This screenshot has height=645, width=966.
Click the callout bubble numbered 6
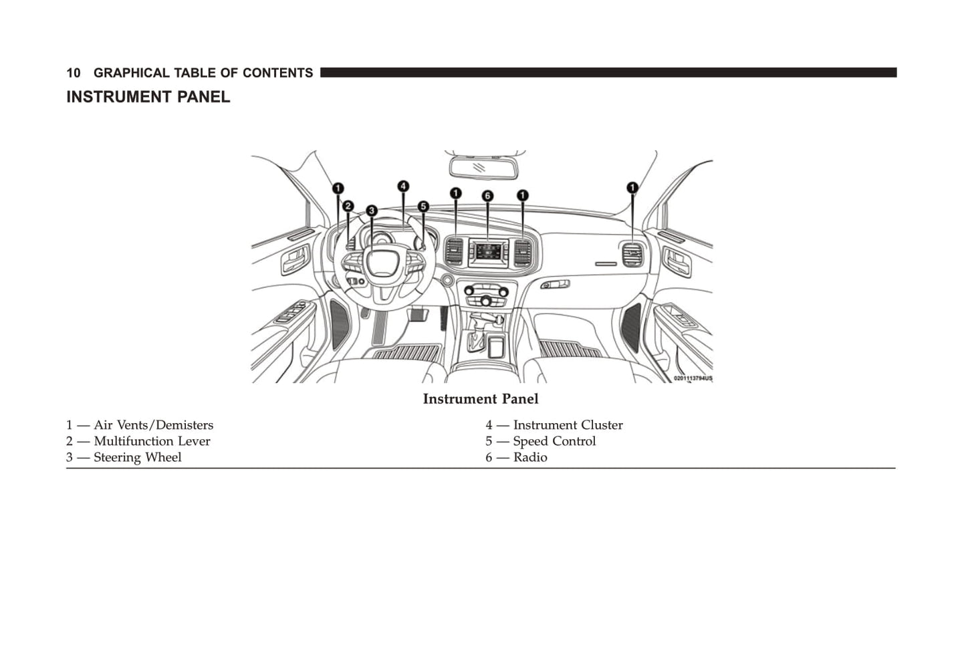click(487, 196)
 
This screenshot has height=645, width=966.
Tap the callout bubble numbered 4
click(403, 186)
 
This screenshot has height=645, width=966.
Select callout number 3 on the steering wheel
click(372, 211)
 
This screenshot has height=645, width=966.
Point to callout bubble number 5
click(423, 207)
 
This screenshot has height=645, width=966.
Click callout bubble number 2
click(348, 206)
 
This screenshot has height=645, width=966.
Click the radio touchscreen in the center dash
click(487, 252)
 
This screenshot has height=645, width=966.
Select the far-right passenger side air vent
click(632, 254)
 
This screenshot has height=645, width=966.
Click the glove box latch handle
click(555, 285)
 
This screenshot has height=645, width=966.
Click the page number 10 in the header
click(74, 73)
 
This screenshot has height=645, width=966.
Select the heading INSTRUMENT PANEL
click(148, 97)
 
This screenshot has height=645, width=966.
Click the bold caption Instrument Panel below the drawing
click(480, 399)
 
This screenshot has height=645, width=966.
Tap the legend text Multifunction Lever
click(152, 441)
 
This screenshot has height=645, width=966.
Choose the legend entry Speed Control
click(554, 441)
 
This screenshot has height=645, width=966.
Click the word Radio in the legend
click(530, 457)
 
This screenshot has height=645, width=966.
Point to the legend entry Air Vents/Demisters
click(153, 425)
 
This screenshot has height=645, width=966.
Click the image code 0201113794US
click(693, 378)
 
